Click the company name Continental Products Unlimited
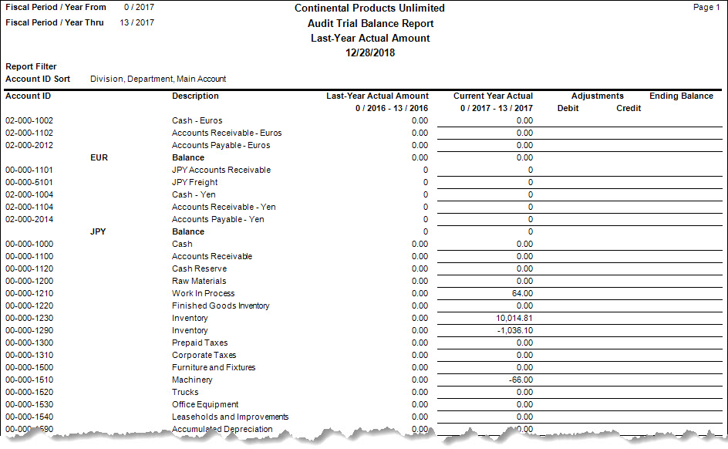(x=369, y=8)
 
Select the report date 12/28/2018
(x=369, y=52)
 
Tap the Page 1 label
(x=706, y=7)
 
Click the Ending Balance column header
(x=681, y=96)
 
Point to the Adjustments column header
(x=598, y=96)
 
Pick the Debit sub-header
(x=568, y=108)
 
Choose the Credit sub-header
(x=629, y=108)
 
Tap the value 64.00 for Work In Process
(x=522, y=293)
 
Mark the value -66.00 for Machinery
(x=521, y=380)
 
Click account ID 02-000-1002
(x=29, y=120)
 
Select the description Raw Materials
(x=199, y=281)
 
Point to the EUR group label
(x=99, y=157)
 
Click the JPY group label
(x=98, y=231)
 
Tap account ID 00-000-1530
(x=29, y=404)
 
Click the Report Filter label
(x=31, y=66)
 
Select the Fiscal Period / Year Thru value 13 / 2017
(x=137, y=22)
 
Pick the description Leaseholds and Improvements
(x=230, y=417)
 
